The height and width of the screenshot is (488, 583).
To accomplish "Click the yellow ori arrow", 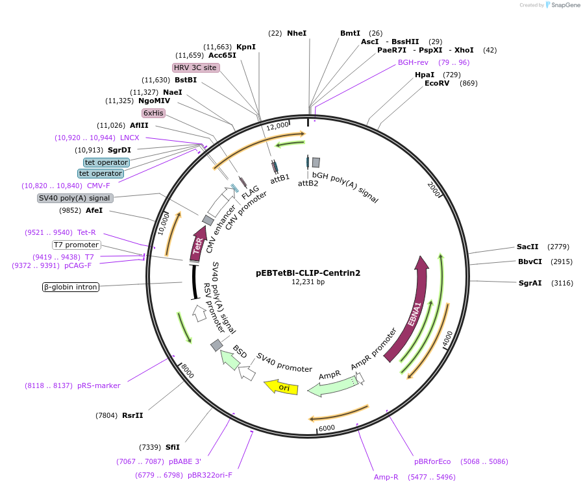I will point(281,387).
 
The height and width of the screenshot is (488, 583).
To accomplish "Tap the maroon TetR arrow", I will point(197,245).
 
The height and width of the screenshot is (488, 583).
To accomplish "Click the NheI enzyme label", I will point(297,33).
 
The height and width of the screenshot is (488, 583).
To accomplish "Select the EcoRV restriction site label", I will point(437,83).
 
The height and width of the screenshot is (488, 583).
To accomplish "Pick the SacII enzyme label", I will point(527,247).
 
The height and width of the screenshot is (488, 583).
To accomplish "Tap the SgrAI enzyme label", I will point(530,283).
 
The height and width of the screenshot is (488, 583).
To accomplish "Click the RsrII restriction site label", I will point(132,415).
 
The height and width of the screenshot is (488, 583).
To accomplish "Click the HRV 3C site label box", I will point(195,67).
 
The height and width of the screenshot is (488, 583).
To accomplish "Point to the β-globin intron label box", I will point(71,287).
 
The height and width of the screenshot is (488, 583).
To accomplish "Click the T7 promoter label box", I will point(77,245).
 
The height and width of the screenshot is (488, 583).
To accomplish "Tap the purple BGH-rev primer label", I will point(413,62).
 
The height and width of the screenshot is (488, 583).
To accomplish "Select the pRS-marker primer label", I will point(99,385).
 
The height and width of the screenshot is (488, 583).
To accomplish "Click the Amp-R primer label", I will point(386,477).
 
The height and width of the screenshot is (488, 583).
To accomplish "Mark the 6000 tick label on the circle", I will point(327,428).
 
